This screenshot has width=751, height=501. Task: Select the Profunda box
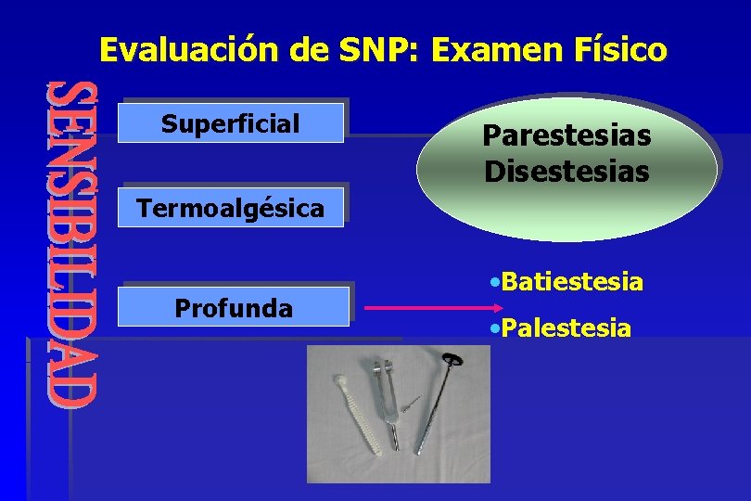[234, 307]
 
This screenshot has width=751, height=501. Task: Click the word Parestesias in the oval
[566, 136]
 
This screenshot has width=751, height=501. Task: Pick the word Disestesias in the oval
[566, 172]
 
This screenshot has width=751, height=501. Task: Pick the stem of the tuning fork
[395, 436]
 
